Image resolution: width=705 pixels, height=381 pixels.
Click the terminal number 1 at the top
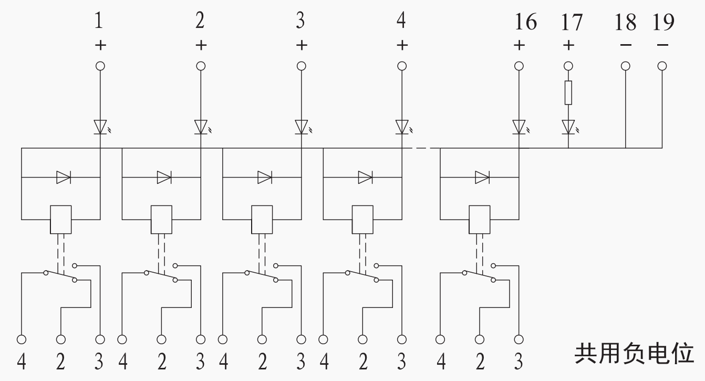(99, 22)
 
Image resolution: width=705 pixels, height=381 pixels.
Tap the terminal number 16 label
(525, 22)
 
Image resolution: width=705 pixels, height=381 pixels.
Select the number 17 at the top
(571, 22)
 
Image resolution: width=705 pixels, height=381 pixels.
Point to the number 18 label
(625, 22)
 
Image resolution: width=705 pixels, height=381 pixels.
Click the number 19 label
(663, 22)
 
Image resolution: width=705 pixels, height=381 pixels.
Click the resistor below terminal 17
(568, 92)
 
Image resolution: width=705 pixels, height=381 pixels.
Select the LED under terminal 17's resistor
(568, 127)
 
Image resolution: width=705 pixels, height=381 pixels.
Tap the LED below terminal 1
(100, 127)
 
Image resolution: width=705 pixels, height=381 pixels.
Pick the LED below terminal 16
(519, 127)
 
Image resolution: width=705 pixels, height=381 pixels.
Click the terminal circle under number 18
(626, 66)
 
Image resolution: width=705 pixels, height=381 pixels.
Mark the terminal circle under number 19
(662, 66)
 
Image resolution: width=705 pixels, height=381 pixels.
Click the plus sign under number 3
(301, 45)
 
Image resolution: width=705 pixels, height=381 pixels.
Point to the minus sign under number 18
(626, 45)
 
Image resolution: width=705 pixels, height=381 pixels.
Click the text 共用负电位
(634, 354)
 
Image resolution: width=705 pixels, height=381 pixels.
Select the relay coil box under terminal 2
(161, 219)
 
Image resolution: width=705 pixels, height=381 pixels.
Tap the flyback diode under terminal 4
(365, 178)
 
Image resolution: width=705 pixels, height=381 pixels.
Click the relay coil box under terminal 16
(479, 219)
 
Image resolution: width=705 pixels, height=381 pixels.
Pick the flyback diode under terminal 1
(64, 178)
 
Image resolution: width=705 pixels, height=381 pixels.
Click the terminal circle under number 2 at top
(201, 66)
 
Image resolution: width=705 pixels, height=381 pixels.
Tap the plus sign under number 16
(519, 45)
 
